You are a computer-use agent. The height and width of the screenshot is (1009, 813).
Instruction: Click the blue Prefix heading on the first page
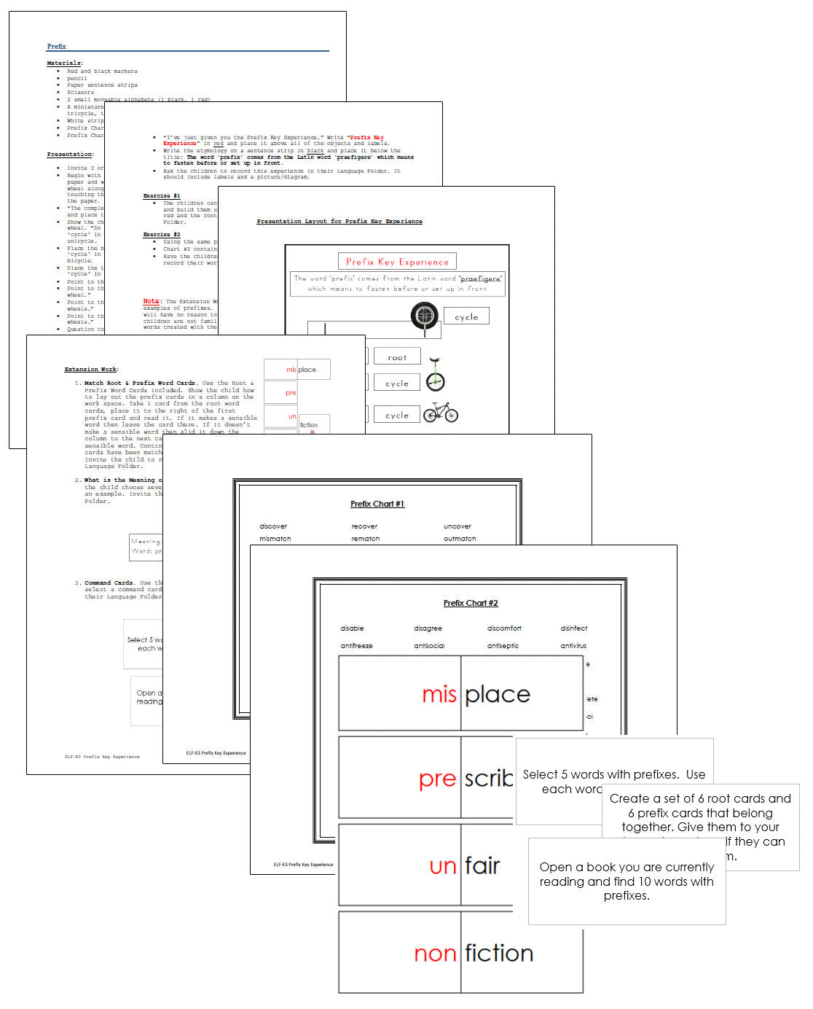point(56,47)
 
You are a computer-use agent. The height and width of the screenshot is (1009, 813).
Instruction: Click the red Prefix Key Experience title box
point(397,262)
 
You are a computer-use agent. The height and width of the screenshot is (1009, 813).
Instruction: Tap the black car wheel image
point(424,316)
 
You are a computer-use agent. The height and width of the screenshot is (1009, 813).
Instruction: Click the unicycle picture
point(435,375)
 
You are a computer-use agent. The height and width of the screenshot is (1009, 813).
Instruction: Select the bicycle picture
point(441,413)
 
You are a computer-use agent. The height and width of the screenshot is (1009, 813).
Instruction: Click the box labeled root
point(397,357)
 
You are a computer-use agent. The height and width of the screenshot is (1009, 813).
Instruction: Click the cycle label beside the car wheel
point(466,317)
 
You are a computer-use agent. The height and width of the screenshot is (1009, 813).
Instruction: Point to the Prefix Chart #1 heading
point(377,504)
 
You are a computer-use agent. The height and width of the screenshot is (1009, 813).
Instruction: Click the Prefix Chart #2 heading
point(471,603)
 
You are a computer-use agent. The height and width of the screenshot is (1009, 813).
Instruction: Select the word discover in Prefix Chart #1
point(273,526)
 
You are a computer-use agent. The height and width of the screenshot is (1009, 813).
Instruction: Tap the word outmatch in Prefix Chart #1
point(460,539)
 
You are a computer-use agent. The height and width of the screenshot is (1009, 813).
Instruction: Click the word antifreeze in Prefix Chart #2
point(356,646)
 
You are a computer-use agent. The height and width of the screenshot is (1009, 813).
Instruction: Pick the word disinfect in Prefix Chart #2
point(574,628)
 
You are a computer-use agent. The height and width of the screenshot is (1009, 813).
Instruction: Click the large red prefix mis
point(439,695)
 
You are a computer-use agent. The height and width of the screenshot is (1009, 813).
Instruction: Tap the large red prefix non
point(435,954)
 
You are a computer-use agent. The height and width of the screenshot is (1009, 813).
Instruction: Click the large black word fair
point(482,866)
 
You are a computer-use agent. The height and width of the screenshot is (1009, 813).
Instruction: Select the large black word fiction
point(499,954)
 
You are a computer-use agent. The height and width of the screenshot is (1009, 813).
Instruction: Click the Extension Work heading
point(91,370)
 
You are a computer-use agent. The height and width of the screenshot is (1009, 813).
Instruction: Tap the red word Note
point(151,301)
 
